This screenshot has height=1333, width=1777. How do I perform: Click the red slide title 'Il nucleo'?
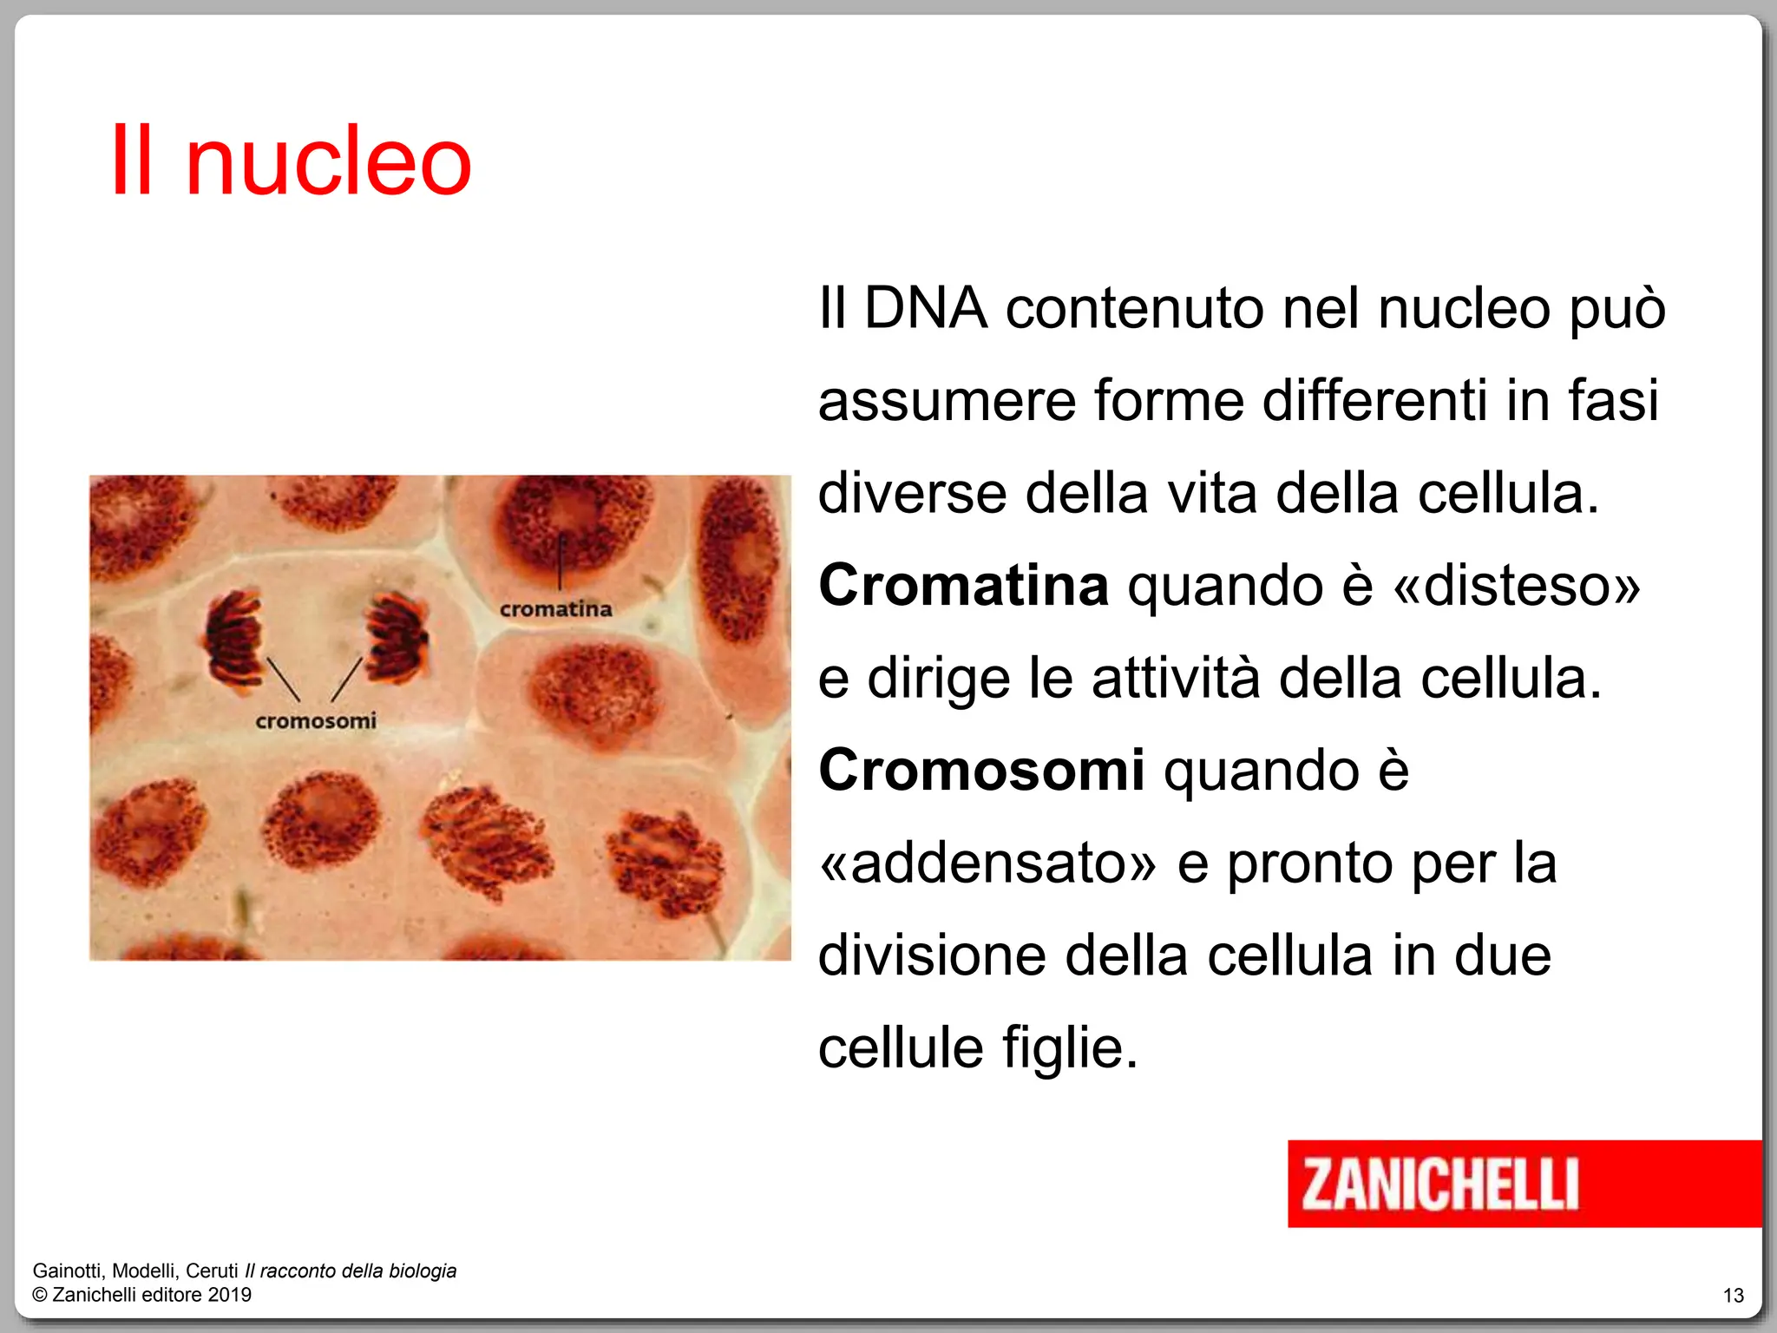291,161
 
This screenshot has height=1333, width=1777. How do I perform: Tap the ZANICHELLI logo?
1440,1184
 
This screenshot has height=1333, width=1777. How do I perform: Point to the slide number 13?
1733,1296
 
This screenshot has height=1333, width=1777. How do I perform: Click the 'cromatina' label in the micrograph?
555,609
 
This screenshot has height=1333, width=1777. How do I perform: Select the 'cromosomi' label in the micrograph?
316,721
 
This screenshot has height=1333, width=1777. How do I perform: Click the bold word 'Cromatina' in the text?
963,585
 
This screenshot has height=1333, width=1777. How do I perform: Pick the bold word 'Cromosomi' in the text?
981,770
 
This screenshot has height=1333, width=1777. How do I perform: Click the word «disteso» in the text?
1517,585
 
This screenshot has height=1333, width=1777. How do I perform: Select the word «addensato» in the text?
988,863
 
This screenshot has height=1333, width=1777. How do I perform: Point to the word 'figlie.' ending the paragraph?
1069,1047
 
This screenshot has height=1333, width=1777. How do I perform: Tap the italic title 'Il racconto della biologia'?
351,1271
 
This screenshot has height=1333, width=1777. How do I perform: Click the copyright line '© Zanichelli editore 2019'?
141,1295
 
